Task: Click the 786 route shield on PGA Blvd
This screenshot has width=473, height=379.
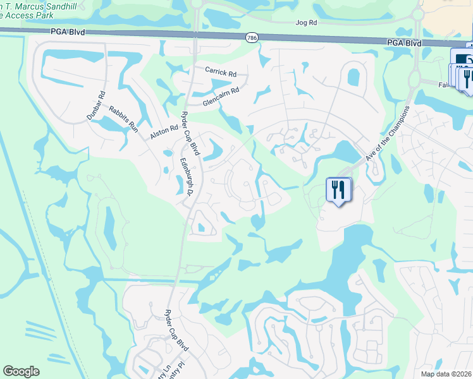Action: point(251,37)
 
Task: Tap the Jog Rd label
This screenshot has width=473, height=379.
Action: point(305,22)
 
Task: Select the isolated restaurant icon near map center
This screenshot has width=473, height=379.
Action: point(338,189)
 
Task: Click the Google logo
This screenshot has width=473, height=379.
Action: point(21,371)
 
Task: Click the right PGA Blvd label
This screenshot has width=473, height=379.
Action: point(404,43)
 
